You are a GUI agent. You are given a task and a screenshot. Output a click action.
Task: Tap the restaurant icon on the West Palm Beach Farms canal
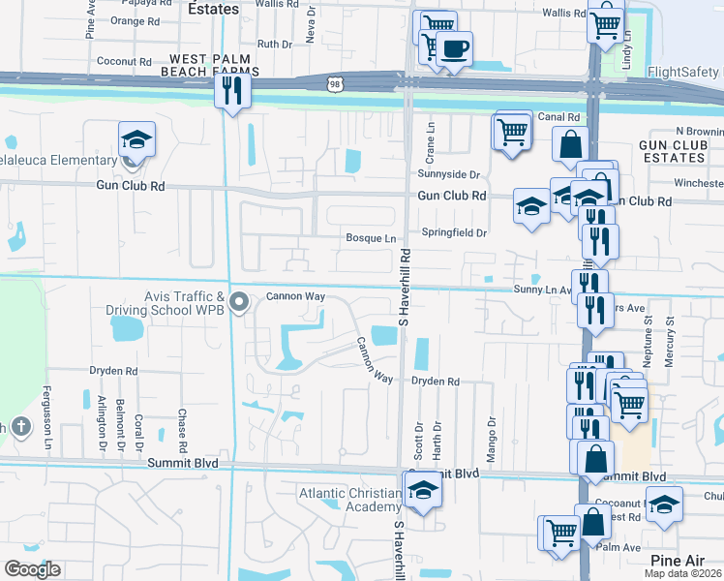[x=232, y=91]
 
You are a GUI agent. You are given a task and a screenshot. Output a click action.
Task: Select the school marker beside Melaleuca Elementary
[x=136, y=139]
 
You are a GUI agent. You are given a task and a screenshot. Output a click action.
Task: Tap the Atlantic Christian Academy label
[x=349, y=500]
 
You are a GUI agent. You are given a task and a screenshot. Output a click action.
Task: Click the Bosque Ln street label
[x=372, y=238]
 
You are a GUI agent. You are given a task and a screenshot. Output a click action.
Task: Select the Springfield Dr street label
[x=453, y=232]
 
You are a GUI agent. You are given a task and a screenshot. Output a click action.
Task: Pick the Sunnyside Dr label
[x=449, y=174]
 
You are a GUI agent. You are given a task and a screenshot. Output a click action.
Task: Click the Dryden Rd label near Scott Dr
[x=435, y=382]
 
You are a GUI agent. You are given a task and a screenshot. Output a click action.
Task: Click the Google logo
[x=33, y=568]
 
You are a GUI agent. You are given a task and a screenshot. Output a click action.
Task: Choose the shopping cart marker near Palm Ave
[x=560, y=532]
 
